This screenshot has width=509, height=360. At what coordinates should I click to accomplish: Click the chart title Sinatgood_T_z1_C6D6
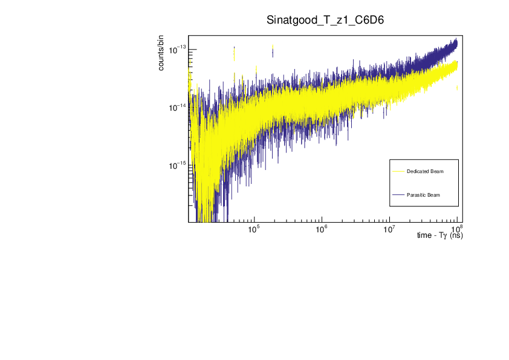pos(326,20)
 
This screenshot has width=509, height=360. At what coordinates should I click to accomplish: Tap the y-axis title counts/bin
pos(161,53)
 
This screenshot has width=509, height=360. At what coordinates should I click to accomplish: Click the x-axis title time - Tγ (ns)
pos(440,235)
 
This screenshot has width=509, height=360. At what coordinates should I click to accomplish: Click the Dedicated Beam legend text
pos(425,172)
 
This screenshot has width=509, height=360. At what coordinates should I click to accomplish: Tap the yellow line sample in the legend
pos(398,172)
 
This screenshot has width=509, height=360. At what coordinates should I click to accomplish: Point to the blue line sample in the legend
pos(398,195)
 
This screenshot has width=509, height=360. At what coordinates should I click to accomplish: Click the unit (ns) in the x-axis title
pos(456,235)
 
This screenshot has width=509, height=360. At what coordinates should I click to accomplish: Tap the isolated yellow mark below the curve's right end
pos(456,88)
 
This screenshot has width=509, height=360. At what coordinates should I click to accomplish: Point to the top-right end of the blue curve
pos(456,41)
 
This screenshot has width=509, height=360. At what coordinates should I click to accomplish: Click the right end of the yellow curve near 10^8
pos(456,64)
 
